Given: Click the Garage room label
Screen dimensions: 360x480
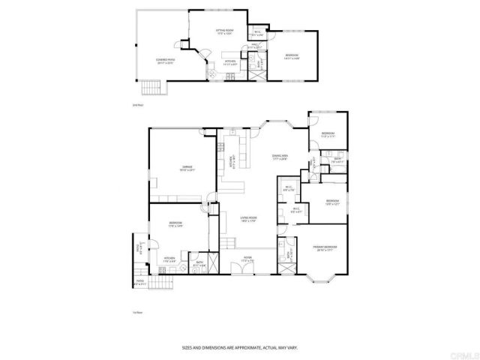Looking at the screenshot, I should (x=187, y=168).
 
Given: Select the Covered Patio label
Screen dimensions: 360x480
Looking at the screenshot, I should (x=166, y=61).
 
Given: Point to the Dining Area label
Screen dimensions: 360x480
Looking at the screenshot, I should (x=280, y=156).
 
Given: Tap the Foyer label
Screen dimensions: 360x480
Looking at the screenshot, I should (x=247, y=259).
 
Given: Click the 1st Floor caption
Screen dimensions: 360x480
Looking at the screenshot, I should (x=137, y=313).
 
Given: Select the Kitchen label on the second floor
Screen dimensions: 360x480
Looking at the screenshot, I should (x=230, y=62).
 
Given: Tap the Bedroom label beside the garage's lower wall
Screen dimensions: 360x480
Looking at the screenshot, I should (x=175, y=223).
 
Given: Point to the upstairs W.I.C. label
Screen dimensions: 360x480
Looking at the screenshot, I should (x=257, y=32).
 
